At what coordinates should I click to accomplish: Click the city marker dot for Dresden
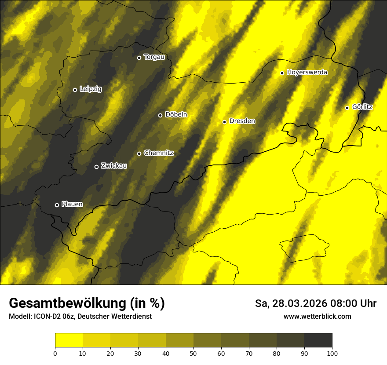[224, 122]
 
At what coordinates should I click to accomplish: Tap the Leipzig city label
[91, 89]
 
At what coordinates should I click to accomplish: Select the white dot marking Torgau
[139, 58]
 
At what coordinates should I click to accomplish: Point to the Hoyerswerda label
[307, 73]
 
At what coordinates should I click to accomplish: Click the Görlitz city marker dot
[347, 108]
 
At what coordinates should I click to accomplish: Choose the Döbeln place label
[176, 115]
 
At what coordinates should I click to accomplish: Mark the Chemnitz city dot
[139, 153]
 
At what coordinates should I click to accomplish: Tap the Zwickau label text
[114, 166]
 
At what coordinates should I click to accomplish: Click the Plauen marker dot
[57, 205]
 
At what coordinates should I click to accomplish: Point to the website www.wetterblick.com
[317, 317]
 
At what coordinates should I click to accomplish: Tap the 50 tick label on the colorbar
[193, 353]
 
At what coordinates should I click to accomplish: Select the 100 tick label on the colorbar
[332, 353]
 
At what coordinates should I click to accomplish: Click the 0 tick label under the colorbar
[55, 353]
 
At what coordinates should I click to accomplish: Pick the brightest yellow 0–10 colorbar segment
[69, 340]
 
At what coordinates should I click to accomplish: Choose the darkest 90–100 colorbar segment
[318, 340]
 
